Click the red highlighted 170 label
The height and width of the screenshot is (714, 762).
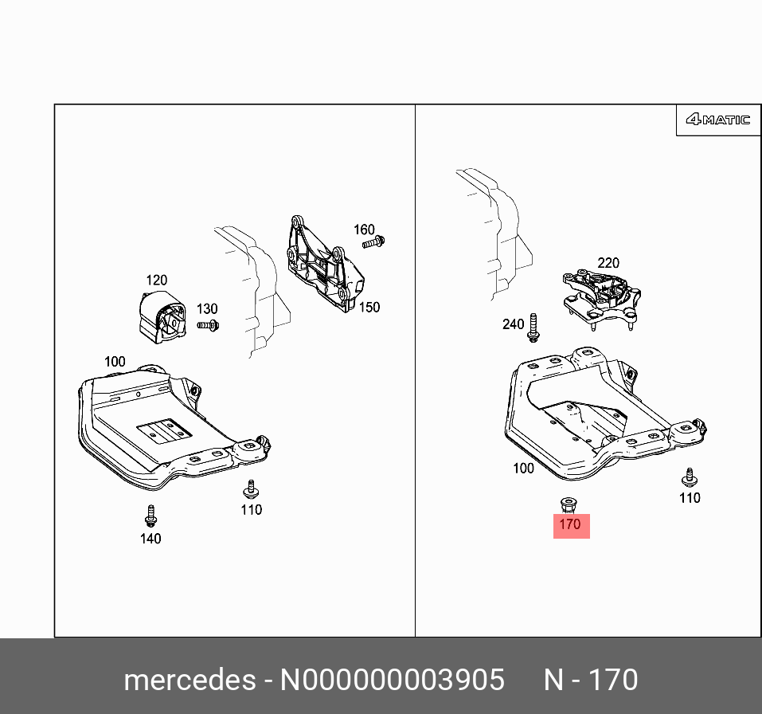[571, 525]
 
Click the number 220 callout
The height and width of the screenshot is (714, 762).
[608, 263]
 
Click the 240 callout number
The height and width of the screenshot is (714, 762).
[513, 324]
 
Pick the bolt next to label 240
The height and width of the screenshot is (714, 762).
[533, 327]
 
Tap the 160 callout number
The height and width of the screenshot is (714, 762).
[364, 230]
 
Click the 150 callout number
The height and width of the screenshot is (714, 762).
[369, 307]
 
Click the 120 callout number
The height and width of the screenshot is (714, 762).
[156, 280]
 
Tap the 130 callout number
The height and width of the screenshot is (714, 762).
[206, 308]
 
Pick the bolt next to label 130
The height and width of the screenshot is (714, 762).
[209, 324]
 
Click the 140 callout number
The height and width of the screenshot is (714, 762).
[150, 539]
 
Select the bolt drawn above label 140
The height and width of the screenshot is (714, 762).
[150, 516]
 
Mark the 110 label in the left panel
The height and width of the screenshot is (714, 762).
[251, 510]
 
